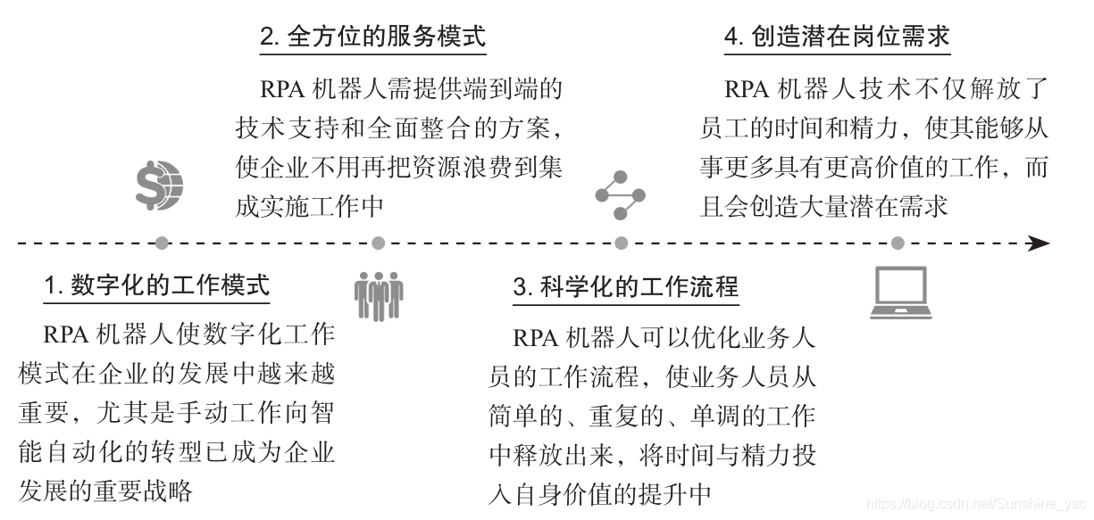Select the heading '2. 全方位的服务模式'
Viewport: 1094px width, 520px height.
pos(372,37)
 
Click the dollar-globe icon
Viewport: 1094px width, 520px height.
pos(160,184)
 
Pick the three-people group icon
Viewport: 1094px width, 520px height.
pos(379,294)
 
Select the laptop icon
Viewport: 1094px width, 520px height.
pos(900,293)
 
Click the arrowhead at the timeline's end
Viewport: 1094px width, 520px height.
pos(1039,243)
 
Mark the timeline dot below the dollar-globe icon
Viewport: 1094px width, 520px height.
pos(161,243)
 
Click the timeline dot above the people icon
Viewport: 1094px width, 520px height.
pos(379,243)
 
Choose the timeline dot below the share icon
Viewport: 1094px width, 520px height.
pos(622,243)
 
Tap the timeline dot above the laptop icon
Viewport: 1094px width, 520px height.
pos(898,243)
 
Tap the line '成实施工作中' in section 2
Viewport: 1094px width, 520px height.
pos(310,205)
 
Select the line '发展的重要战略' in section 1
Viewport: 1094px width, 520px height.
pos(105,490)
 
